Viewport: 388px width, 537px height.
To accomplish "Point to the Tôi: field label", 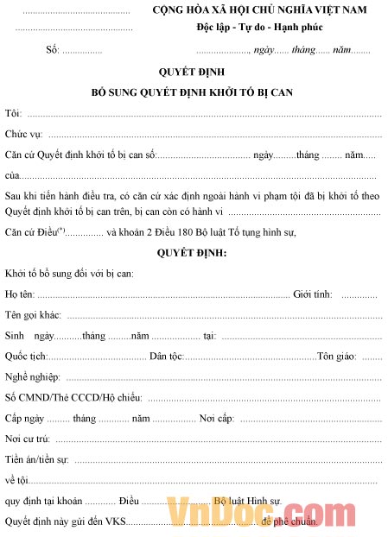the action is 13,114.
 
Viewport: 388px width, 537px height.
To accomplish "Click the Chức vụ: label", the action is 24,134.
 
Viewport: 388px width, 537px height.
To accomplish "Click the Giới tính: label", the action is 313,294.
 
